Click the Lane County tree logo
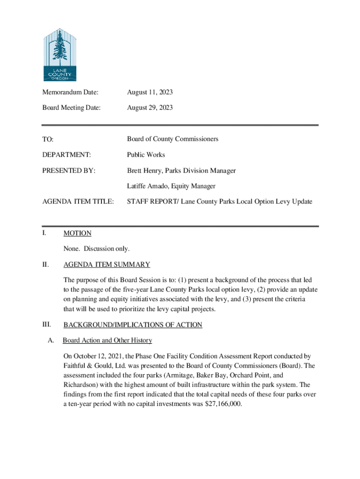coord(59,54)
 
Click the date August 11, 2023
coord(150,93)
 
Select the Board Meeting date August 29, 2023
coord(150,108)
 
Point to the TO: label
coord(48,139)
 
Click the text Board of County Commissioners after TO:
coord(173,139)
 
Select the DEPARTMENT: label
coord(66,154)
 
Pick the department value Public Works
coord(146,154)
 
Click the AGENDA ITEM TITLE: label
coord(78,202)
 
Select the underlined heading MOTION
coord(77,233)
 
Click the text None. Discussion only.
coord(96,248)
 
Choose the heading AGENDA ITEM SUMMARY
coord(107,264)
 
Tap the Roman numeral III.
coord(47,324)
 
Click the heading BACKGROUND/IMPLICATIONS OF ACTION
coord(133,325)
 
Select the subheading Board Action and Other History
coord(107,340)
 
